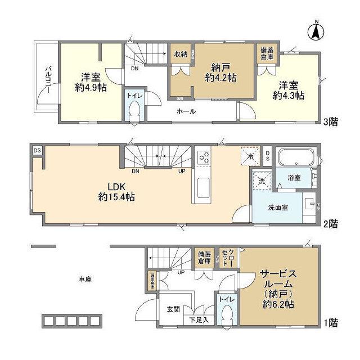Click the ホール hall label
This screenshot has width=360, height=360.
click(186, 111)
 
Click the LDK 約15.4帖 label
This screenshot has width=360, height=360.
click(115, 192)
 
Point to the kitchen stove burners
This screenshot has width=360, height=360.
click(203, 157)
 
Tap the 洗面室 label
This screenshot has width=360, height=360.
click(277, 207)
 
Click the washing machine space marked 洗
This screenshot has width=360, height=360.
click(261, 181)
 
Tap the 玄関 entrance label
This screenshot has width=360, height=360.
click(173, 309)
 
